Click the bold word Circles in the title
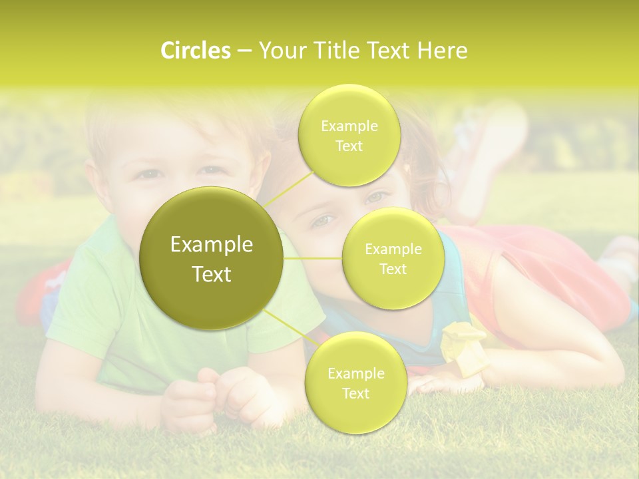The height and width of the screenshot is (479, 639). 196,51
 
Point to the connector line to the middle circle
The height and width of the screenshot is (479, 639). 313,258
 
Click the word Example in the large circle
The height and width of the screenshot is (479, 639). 212,245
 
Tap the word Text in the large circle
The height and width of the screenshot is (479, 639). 212,274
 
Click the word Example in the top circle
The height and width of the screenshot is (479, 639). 349,126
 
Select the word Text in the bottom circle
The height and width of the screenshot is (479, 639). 355,394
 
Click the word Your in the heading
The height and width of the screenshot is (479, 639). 280,51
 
